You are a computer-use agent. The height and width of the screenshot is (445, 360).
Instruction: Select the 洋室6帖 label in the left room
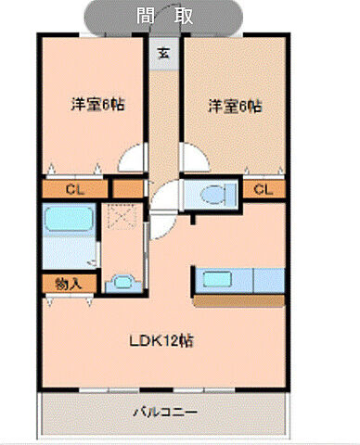click(97, 105)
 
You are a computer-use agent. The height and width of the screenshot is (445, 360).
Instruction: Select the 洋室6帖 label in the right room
click(233, 105)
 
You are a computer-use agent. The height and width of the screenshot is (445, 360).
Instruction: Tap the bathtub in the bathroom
click(68, 223)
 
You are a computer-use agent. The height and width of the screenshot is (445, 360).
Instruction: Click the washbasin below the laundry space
click(121, 284)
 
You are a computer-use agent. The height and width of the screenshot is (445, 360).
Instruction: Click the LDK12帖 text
click(161, 339)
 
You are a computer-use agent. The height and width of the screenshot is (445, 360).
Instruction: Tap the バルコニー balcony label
click(162, 411)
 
